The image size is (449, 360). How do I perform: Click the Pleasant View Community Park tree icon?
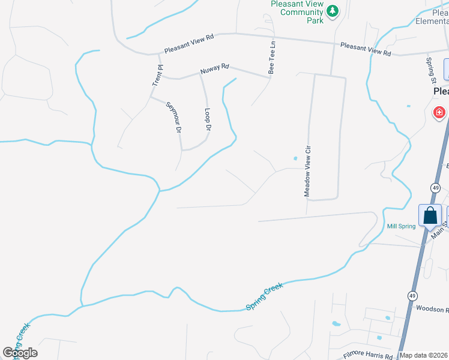pos(332,11)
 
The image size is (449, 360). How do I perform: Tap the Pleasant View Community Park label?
pos(297,11)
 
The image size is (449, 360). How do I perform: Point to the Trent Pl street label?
pos(157,75)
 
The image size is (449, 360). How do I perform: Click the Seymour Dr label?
pos(175,117)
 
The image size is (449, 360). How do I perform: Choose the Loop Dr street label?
pos(207,119)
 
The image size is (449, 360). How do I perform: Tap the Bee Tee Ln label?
pos(272,57)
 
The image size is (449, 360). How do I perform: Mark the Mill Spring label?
pos(401,226)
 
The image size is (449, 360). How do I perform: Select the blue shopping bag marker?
pos(430,215)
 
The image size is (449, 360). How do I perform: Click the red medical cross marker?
pos(439,112)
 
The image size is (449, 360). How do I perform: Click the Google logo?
pos(20,353)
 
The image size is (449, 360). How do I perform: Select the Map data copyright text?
pos(424,355)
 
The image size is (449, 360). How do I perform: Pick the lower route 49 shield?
pos(412,296)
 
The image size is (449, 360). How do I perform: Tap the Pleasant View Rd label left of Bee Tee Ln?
pos(189,37)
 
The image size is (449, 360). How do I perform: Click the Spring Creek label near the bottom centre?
pos(264,297)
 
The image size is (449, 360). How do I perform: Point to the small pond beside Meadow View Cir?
pos(295,158)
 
